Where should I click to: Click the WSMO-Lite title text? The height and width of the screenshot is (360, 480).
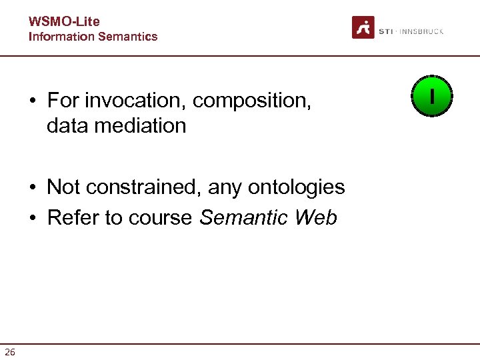pyautogui.click(x=63, y=22)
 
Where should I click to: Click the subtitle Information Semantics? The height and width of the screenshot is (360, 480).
pyautogui.click(x=93, y=37)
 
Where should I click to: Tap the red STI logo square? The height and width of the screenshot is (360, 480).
pyautogui.click(x=363, y=28)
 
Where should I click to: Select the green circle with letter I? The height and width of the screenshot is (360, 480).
pyautogui.click(x=432, y=97)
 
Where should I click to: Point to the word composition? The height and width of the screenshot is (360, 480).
pyautogui.click(x=253, y=101)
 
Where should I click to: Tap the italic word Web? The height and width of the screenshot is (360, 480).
pyautogui.click(x=315, y=217)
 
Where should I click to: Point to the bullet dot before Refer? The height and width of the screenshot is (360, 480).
pyautogui.click(x=32, y=219)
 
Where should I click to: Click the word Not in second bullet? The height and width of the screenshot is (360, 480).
pyautogui.click(x=63, y=187)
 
